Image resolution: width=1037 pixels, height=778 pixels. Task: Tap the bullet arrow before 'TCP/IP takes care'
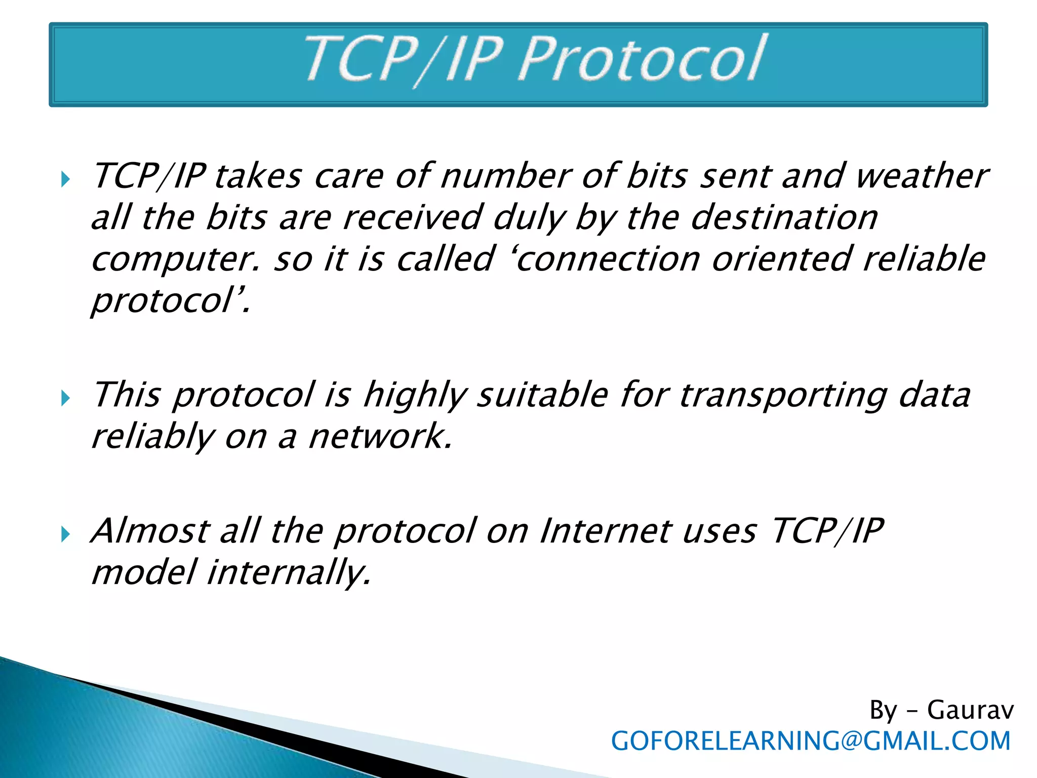coord(65,179)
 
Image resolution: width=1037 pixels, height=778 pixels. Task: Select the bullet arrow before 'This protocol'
coord(65,398)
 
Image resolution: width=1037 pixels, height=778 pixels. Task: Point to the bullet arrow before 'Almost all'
coord(65,534)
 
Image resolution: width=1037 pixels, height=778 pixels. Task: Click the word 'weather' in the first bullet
coord(921,176)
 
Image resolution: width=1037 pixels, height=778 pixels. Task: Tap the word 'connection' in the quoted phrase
coord(608,259)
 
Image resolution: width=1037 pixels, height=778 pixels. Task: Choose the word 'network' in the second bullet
coord(380,437)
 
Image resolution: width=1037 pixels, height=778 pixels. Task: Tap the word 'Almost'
coord(150,531)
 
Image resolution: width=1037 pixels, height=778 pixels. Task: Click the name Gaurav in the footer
coord(970,710)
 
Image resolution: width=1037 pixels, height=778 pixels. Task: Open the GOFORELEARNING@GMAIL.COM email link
coord(811,741)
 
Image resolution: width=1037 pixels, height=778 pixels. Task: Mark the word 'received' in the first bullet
coord(412,218)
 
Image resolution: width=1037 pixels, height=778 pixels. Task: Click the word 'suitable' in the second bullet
coord(542,396)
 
